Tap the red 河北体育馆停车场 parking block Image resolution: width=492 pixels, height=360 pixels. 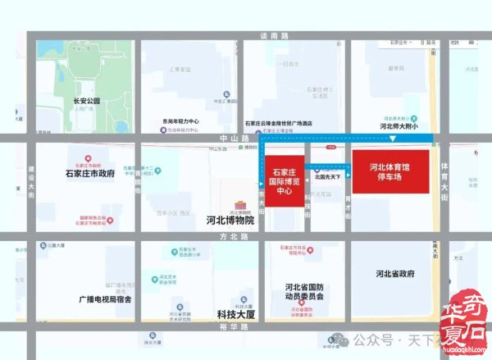point(389,171)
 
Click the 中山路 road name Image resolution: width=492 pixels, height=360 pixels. point(201,139)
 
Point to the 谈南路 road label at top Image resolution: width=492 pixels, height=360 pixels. point(275,37)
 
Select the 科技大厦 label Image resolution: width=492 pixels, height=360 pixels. point(237,314)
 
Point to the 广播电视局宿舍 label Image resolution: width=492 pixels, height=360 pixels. point(105,298)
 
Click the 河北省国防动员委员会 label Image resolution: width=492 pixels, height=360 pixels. point(305,292)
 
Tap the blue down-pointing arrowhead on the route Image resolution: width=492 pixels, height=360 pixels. point(393,139)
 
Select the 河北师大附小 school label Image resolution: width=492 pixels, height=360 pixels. point(399,127)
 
